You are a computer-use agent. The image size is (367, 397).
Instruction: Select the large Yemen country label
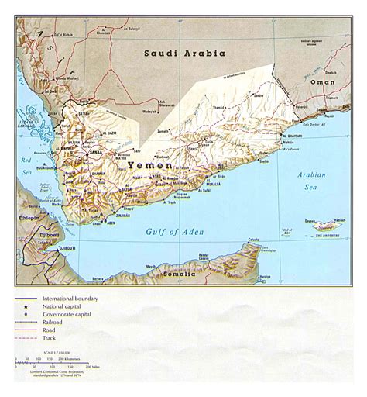[x=143, y=165]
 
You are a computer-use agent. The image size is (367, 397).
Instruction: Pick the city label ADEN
[x=111, y=223]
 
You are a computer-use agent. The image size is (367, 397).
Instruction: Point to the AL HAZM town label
[x=109, y=133]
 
